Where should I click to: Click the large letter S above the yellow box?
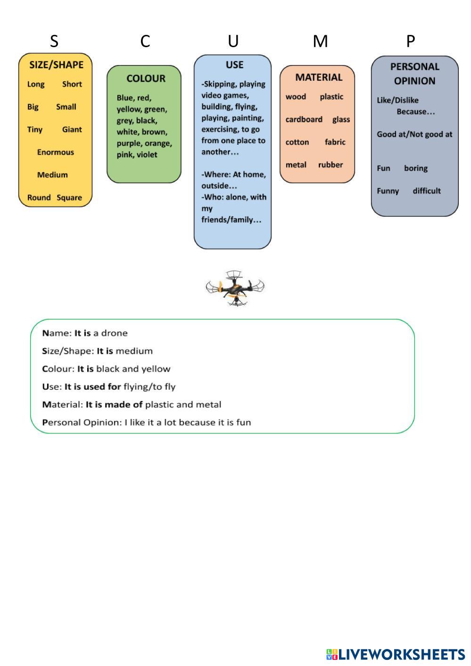[54, 42]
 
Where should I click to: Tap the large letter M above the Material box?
[320, 42]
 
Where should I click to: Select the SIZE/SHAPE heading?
[56, 65]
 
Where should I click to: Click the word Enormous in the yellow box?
[56, 152]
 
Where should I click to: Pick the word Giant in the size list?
[72, 130]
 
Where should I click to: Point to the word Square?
[69, 198]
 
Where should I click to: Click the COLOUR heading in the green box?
[146, 79]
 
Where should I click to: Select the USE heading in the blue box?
[234, 65]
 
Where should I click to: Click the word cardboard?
[304, 119]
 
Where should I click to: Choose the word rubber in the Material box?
[331, 165]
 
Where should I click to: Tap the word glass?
[341, 119]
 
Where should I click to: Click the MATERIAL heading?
[319, 77]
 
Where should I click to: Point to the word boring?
[415, 168]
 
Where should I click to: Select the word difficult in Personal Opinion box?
[427, 191]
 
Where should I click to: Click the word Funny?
[388, 191]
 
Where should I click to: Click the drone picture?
[235, 288]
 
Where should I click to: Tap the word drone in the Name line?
[114, 333]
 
